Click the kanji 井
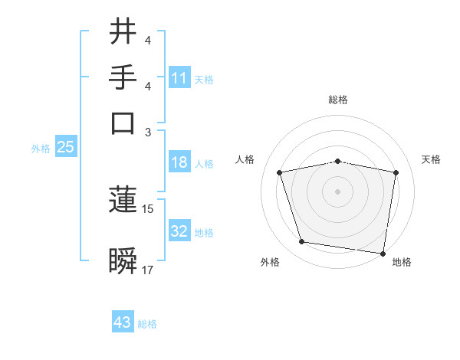pos(123,33)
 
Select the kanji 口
pos(123,123)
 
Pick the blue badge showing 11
pos(179,78)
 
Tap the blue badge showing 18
pos(179,163)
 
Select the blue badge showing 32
pos(179,231)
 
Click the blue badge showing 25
pos(65,148)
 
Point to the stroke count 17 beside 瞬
pos(148,270)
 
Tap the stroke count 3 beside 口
pos(148,132)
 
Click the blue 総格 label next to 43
pos(147,324)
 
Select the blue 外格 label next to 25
pos(41,149)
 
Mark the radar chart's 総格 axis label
pos(337,100)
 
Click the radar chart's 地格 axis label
pos(402,263)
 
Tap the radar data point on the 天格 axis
pos(396,172)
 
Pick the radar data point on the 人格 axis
pos(280,172)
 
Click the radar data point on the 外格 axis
pos(302,242)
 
